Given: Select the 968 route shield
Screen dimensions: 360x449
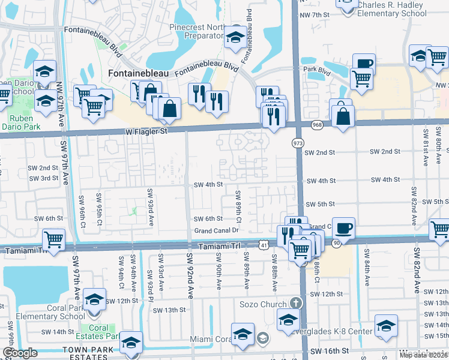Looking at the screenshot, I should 316,124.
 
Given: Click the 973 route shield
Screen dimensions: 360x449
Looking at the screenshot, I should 298,143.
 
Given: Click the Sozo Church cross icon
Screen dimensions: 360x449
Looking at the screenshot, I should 295,304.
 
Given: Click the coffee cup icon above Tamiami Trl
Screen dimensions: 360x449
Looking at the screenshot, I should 343,229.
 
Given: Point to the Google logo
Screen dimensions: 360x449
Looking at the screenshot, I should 19,353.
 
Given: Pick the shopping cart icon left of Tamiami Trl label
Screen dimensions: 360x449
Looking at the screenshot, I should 54,240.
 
